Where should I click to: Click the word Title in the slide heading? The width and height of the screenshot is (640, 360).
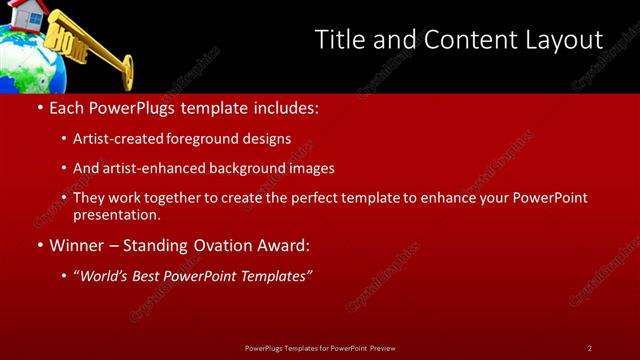[340, 40]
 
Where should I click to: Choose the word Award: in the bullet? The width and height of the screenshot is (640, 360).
[282, 245]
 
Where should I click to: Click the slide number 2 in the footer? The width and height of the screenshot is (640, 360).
[589, 348]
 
